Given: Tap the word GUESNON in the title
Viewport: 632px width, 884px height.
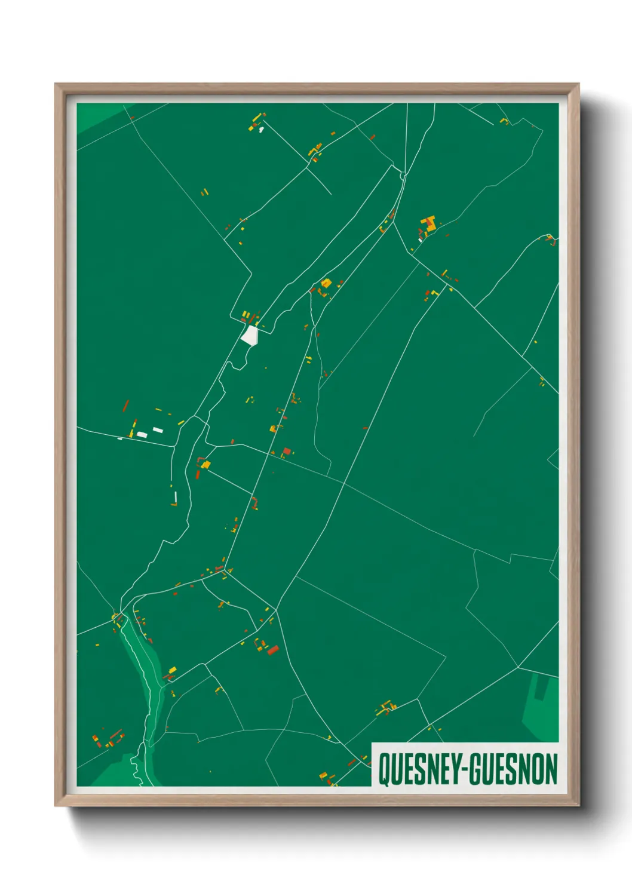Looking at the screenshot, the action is (513, 769).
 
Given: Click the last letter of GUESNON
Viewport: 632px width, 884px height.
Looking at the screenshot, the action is (551, 769).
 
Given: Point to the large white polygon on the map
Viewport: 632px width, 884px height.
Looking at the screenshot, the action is (249, 335).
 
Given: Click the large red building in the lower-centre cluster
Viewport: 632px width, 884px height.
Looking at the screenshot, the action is (273, 650).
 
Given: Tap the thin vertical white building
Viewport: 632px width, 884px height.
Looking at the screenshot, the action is (176, 496).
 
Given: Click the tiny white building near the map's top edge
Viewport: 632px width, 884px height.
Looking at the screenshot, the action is (261, 129).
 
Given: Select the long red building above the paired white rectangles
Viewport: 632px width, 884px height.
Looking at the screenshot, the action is (125, 406).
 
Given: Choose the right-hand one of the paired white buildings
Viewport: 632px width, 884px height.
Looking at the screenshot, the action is (157, 429).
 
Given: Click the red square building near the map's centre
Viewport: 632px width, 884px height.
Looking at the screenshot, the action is (287, 451).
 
